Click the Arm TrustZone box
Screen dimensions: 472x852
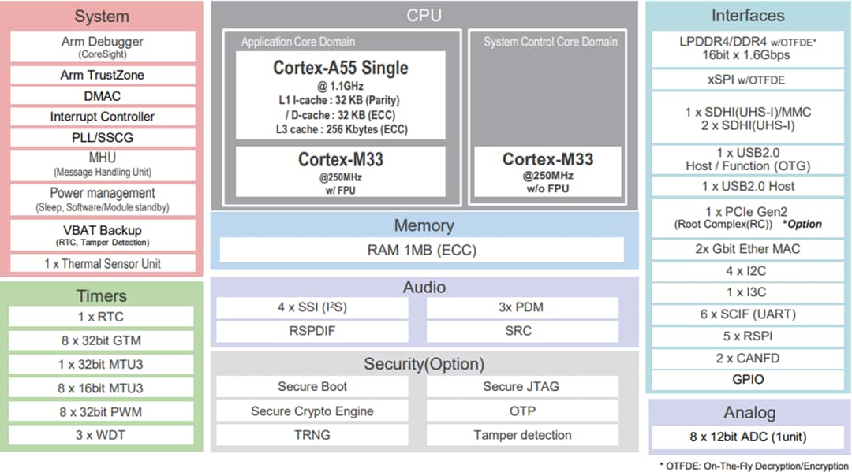(102, 75)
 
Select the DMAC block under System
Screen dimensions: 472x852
(102, 96)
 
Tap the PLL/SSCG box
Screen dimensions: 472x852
(102, 137)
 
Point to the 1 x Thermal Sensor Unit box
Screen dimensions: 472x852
(102, 264)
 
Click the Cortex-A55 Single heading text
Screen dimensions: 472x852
(341, 68)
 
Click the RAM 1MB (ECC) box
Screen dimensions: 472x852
(421, 251)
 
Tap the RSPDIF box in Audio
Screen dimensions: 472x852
(312, 331)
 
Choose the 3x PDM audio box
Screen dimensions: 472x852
(521, 307)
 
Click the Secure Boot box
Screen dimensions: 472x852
(312, 387)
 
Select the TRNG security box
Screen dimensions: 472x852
(312, 435)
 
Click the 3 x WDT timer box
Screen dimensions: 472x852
(101, 435)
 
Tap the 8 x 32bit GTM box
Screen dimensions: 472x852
(101, 340)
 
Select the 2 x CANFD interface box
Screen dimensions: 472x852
(748, 358)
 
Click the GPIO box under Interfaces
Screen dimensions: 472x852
(748, 379)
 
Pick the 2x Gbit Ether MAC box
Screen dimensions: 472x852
(748, 249)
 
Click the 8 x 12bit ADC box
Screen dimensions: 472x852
(748, 437)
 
